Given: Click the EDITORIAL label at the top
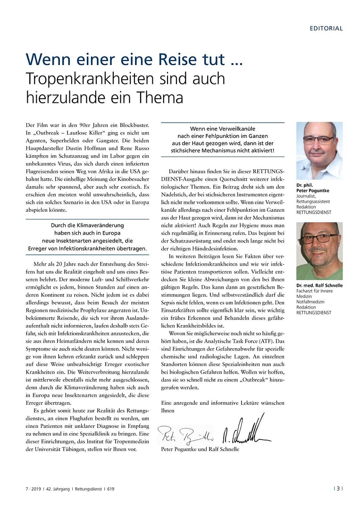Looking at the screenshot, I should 326,28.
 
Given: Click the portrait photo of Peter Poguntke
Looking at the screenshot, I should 319,150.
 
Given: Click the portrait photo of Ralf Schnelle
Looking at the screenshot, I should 319,251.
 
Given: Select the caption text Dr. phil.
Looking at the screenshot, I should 304,185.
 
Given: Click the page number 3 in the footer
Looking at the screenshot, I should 338,489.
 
